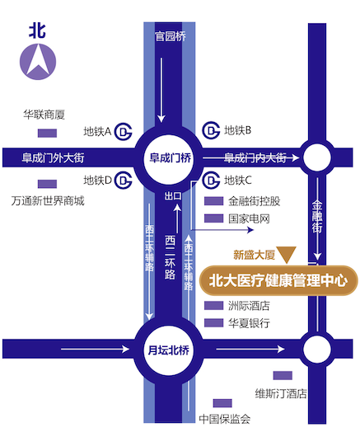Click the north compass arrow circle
38,62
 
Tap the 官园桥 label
170,36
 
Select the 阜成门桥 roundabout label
170,157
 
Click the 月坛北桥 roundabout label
169,350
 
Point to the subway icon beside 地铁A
124,132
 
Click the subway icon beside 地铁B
211,130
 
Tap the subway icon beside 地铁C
211,181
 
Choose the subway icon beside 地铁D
124,181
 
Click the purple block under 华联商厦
47,133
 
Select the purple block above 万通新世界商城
47,184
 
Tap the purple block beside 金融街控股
213,201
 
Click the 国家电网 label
249,218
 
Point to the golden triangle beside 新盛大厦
287,254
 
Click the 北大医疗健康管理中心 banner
278,280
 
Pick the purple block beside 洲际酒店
213,305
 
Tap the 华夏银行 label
249,323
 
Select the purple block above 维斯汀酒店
283,375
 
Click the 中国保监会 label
225,419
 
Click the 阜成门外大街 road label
53,158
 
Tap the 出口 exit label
173,196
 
